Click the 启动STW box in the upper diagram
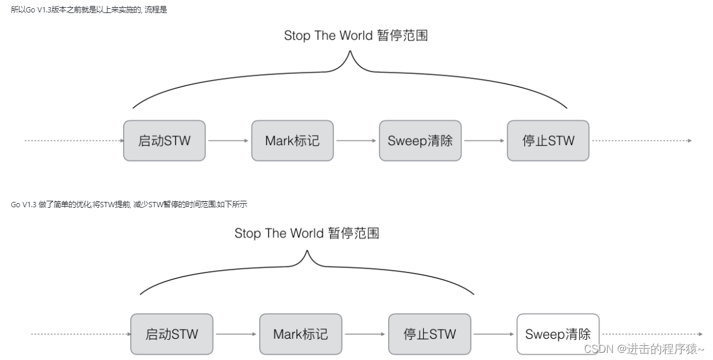[x=164, y=141]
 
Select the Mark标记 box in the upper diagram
[x=292, y=141]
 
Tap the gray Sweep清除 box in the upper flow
[x=420, y=141]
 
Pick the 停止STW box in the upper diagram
[x=548, y=141]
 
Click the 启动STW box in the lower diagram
[x=172, y=334]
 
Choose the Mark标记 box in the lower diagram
[x=300, y=334]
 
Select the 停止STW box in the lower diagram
[x=430, y=334]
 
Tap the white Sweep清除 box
[x=557, y=334]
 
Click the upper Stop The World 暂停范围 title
[x=356, y=36]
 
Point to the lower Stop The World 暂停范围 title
[x=307, y=233]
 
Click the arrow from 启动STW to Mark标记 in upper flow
[x=228, y=141]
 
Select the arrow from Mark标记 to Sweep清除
[x=356, y=141]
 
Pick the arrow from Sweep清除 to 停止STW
[x=485, y=141]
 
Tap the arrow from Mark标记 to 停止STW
[x=364, y=334]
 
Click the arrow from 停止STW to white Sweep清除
[x=493, y=334]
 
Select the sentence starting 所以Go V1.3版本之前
[x=89, y=9]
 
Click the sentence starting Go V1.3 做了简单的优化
[x=128, y=204]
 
